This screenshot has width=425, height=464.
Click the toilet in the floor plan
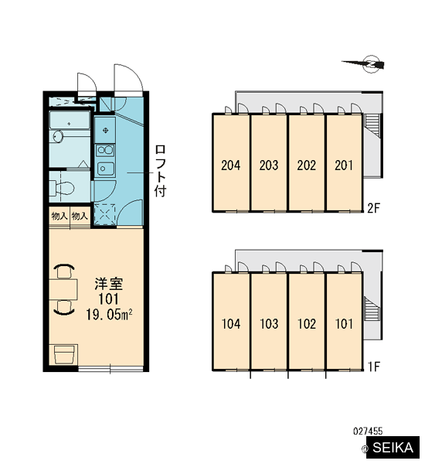pyautogui.click(x=63, y=188)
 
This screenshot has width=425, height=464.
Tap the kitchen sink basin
pyautogui.click(x=105, y=169)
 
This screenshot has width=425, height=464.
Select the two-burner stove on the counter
pyautogui.click(x=105, y=150)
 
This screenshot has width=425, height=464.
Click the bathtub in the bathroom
pyautogui.click(x=70, y=120)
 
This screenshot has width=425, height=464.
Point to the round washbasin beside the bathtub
pyautogui.click(x=58, y=136)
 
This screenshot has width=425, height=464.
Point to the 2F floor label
pyautogui.click(x=373, y=208)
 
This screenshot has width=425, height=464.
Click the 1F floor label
pyautogui.click(x=373, y=367)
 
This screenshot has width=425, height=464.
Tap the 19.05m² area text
pyautogui.click(x=109, y=314)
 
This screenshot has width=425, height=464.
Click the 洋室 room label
pyautogui.click(x=108, y=284)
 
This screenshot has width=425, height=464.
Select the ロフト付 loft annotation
pyautogui.click(x=160, y=171)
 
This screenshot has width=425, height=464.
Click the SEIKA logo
pyautogui.click(x=393, y=448)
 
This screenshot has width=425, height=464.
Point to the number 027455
pyautogui.click(x=368, y=431)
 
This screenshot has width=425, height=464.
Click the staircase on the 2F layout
pyautogui.click(x=372, y=125)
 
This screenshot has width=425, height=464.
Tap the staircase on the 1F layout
pyautogui.click(x=372, y=308)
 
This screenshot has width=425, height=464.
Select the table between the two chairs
pyautogui.click(x=63, y=289)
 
